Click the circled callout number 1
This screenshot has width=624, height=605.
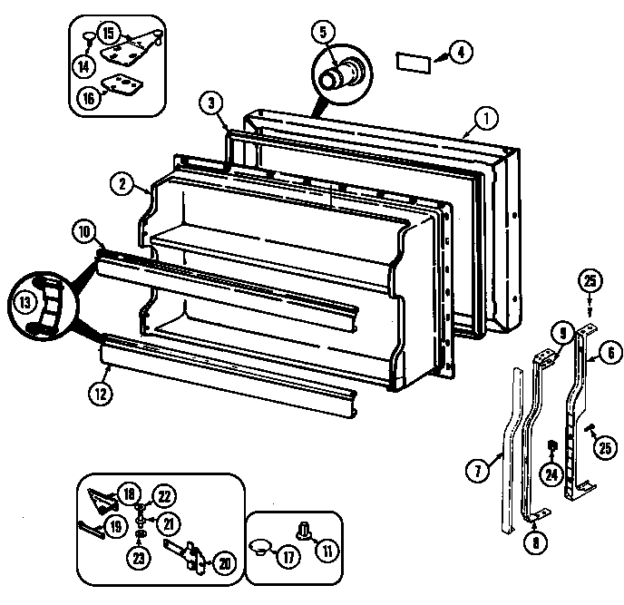coord(486,116)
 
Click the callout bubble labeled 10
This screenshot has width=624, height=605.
coord(83,232)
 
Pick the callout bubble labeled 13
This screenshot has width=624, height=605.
coord(24,301)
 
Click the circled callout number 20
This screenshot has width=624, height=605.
coord(223,562)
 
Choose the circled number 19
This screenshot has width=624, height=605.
coord(113,524)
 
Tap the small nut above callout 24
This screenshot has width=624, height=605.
coord(551,445)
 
